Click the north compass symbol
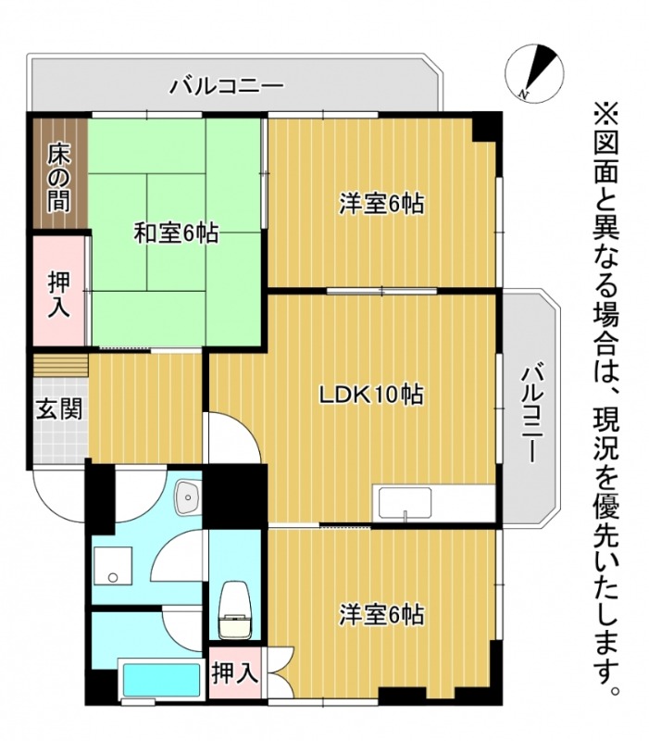(x=536, y=72)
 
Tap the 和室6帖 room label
(x=176, y=233)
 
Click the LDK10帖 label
(x=371, y=396)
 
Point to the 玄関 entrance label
(x=57, y=408)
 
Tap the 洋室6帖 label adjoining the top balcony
(x=381, y=205)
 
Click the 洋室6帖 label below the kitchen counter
(x=381, y=614)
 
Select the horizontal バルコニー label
(x=226, y=89)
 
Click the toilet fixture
(x=235, y=611)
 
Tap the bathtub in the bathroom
(x=161, y=678)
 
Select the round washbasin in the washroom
(x=190, y=497)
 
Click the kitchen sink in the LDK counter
(x=407, y=506)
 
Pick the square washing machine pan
(x=114, y=568)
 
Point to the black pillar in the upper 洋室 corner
(x=485, y=127)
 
